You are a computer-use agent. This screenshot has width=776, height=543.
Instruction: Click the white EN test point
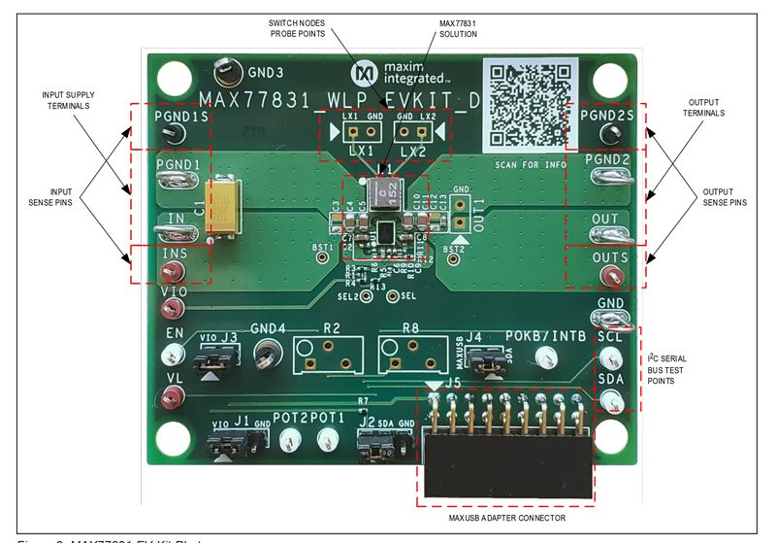click(175, 353)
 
